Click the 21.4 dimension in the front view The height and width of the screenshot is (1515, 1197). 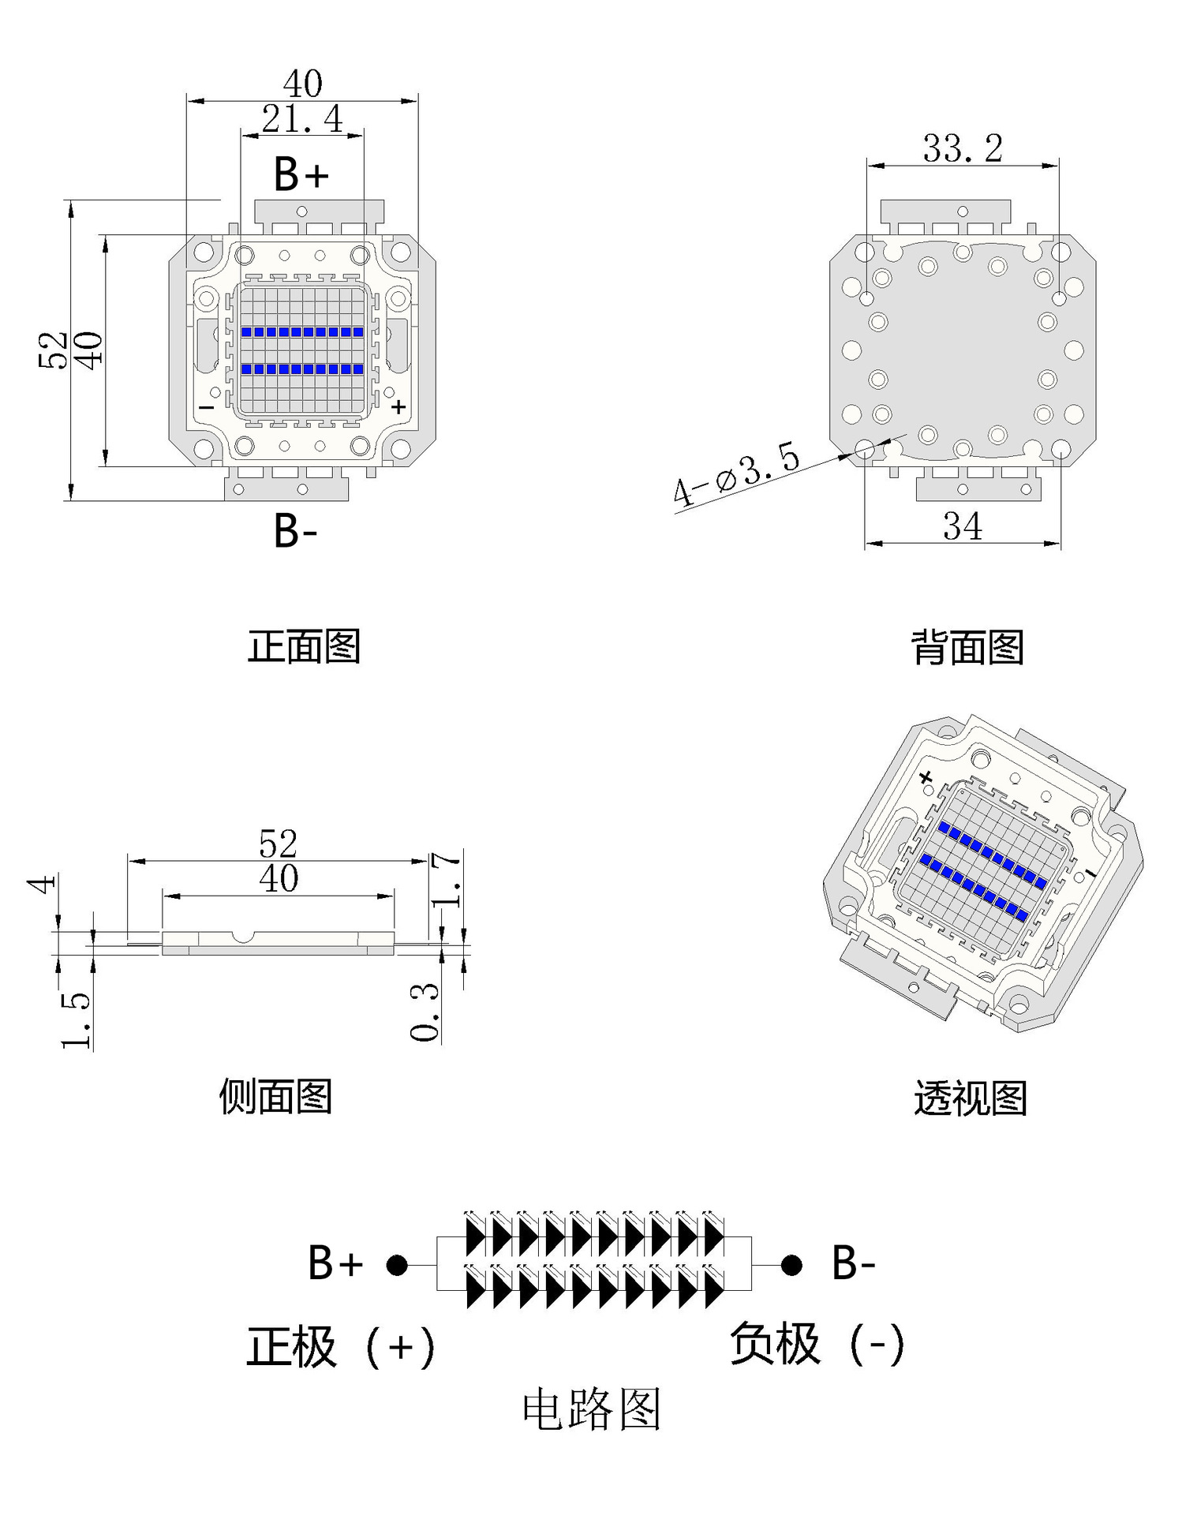pos(302,120)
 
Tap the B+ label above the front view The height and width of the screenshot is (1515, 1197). pos(301,174)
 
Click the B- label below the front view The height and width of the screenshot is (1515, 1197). pos(295,531)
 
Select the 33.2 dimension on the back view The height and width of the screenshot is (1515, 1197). pos(963,148)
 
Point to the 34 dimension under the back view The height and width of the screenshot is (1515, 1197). pos(963,527)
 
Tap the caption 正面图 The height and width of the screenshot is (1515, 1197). pos(304,646)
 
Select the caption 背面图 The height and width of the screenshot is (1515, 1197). pos(967,647)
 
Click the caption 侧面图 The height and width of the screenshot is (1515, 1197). pos(275,1096)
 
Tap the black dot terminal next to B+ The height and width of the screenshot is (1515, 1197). pos(397,1265)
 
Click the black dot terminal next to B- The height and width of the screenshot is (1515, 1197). pos(791,1265)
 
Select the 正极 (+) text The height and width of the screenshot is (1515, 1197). pos(341,1346)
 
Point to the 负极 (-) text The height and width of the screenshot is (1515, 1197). pos(817,1343)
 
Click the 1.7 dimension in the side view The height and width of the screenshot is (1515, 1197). pos(447,879)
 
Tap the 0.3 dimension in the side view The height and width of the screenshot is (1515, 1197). pos(425,1012)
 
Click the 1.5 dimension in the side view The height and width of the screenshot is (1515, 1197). pos(76,1020)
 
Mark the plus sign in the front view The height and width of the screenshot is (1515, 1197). pos(399,406)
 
